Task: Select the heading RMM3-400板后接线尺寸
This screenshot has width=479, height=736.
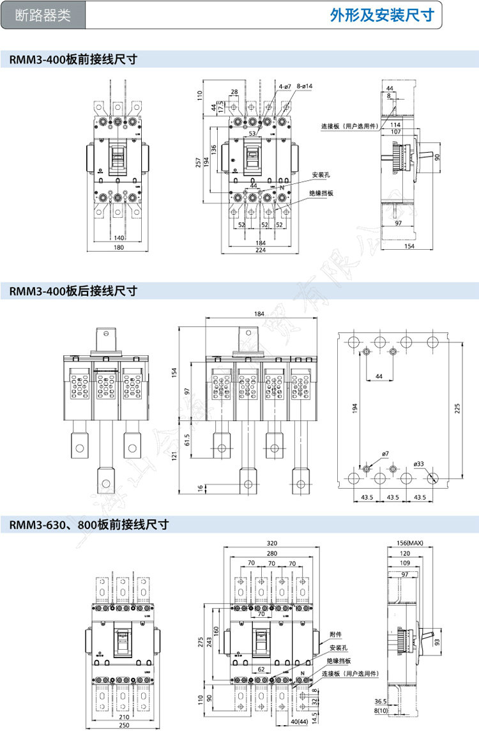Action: (73, 291)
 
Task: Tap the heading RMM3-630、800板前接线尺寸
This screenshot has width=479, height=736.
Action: (89, 525)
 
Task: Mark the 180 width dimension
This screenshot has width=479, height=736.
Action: (119, 248)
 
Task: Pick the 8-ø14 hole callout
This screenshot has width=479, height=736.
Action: (304, 86)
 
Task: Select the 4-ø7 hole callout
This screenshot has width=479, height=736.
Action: (285, 86)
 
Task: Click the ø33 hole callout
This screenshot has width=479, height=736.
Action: (420, 463)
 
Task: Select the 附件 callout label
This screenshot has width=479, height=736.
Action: (335, 635)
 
